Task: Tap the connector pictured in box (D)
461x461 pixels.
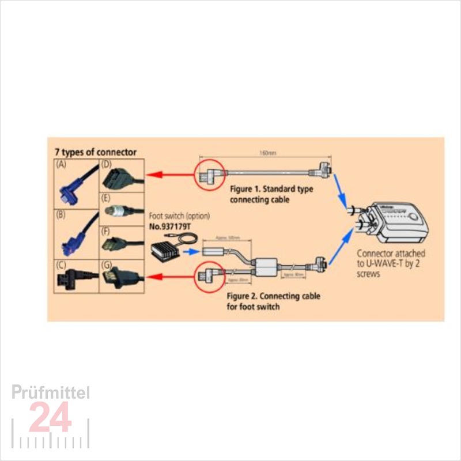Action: click(x=121, y=176)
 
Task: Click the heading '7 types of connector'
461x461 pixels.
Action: click(x=96, y=152)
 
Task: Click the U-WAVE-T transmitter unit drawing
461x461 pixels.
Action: click(x=398, y=222)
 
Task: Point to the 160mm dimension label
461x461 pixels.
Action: click(x=264, y=154)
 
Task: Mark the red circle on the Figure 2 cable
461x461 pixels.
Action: click(x=207, y=277)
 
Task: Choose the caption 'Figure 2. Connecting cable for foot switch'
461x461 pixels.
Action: click(x=273, y=301)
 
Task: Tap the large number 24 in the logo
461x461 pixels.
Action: click(x=50, y=417)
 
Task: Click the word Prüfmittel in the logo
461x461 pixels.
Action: click(x=51, y=393)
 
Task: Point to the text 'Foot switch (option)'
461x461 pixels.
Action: click(x=179, y=216)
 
